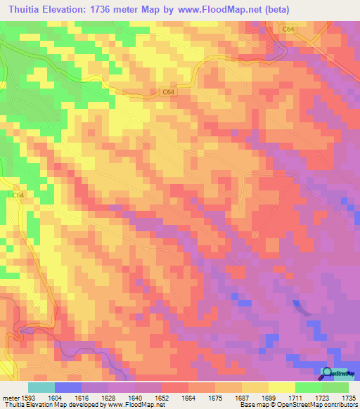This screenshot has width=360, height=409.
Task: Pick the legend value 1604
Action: click(54, 396)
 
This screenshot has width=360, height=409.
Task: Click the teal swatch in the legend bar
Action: click(41, 387)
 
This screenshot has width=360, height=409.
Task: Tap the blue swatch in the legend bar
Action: click(68, 387)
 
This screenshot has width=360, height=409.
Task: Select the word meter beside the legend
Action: click(10, 396)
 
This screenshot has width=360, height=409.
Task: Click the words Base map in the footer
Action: click(252, 405)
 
